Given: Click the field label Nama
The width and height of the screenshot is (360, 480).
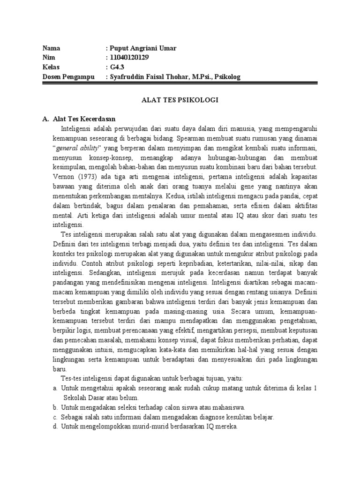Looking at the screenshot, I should pos(52,48).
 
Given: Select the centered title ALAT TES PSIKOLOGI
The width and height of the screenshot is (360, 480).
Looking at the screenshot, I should pos(180,100).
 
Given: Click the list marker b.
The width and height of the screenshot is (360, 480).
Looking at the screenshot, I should pos(55,408).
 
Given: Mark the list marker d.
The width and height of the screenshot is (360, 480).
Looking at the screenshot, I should pos(55,427).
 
